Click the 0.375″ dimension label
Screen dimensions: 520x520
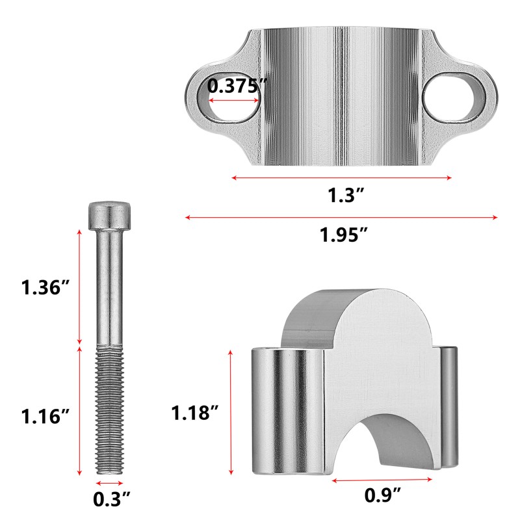(x=237, y=86)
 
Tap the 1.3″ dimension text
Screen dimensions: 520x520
(x=346, y=195)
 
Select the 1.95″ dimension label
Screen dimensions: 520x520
(x=344, y=235)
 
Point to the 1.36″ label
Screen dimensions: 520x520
(x=45, y=287)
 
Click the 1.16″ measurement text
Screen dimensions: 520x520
(x=45, y=416)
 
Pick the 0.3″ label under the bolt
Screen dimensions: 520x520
(x=111, y=499)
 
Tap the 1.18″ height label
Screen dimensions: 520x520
(x=195, y=413)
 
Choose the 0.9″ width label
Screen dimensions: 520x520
(x=383, y=495)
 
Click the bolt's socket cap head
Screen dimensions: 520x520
(x=109, y=216)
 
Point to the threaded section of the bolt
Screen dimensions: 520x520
(x=109, y=410)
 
